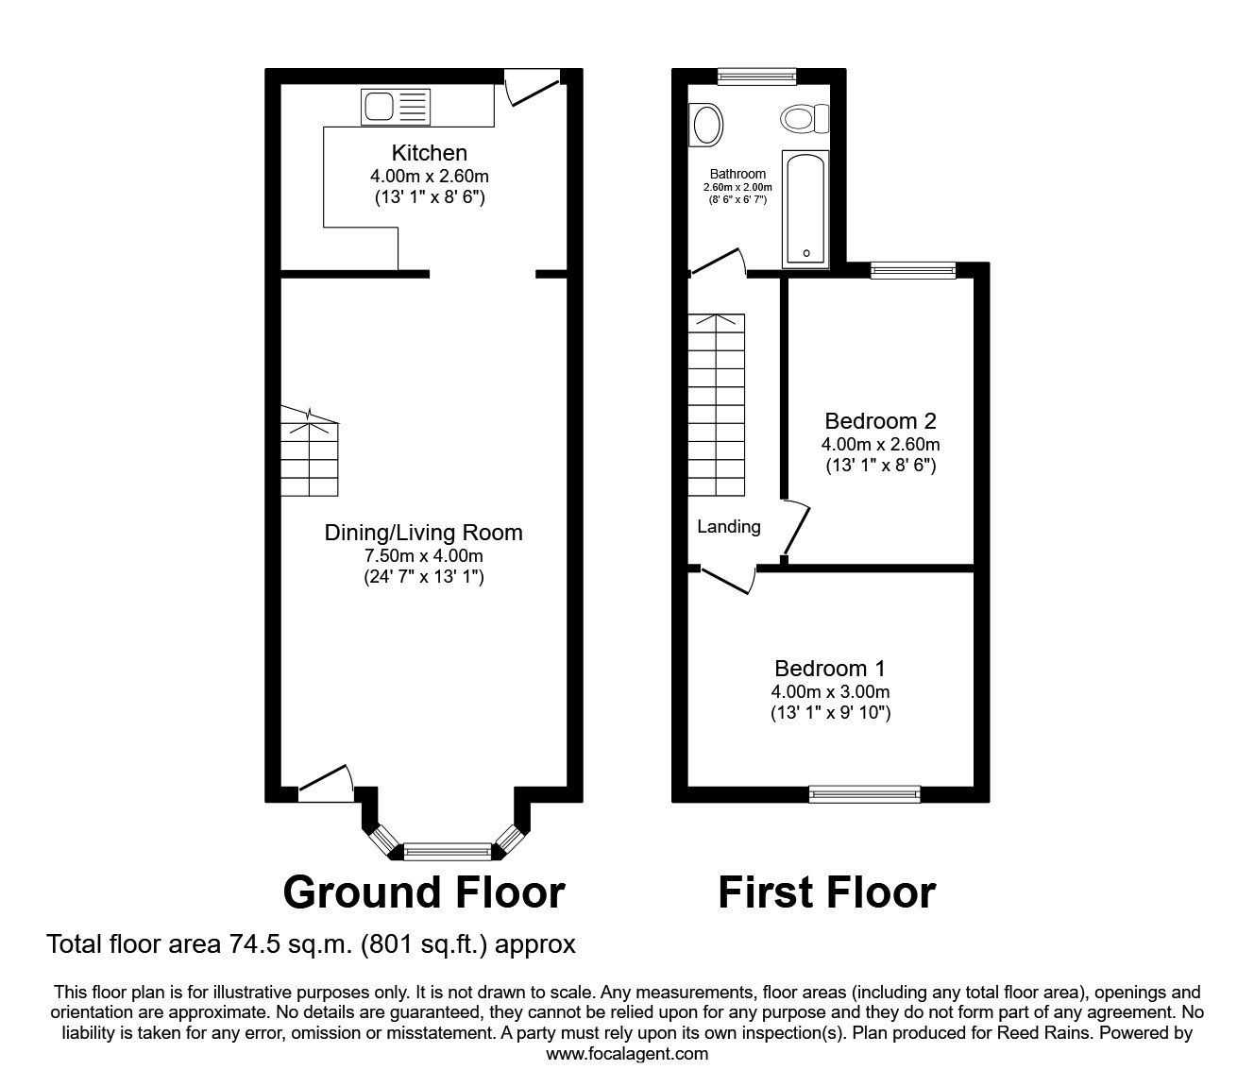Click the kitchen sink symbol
(395, 106)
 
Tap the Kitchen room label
(430, 153)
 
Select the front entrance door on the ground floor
(326, 783)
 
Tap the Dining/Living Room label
(423, 533)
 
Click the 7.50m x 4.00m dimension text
(423, 555)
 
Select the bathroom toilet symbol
(804, 119)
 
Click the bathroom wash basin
(707, 124)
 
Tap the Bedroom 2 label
(880, 421)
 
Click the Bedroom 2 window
(912, 270)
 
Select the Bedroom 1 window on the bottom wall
(865, 794)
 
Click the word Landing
(729, 527)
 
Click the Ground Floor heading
(424, 892)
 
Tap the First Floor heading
(826, 892)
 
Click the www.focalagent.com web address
(627, 1054)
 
